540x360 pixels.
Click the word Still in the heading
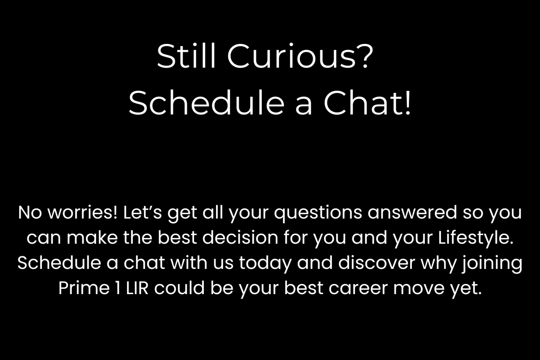[x=186, y=56]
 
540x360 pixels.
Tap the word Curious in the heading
[x=292, y=56]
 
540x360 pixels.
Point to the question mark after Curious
[x=365, y=56]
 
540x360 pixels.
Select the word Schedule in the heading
[x=206, y=103]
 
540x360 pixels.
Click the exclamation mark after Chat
[x=408, y=103]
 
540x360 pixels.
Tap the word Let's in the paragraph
[x=143, y=212]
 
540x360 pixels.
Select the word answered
[x=412, y=212]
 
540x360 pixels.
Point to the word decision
[x=240, y=238]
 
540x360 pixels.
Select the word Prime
[x=84, y=288]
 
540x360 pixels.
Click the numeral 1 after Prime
[x=118, y=288]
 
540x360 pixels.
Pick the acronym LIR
[x=137, y=288]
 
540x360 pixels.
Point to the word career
[x=358, y=288]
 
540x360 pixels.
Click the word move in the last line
[x=419, y=288]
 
